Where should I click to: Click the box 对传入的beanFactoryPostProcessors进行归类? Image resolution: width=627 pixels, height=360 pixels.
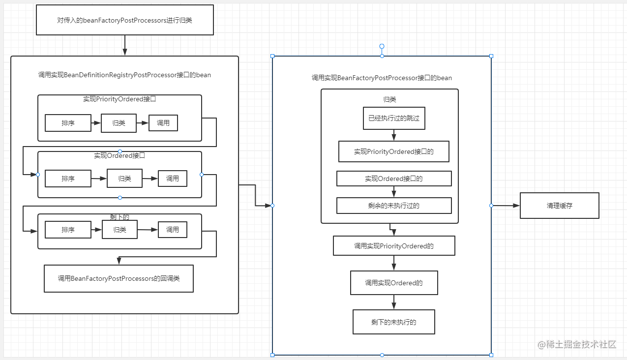pyautogui.click(x=125, y=20)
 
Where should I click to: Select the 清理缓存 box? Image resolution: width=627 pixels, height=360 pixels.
pyautogui.click(x=559, y=206)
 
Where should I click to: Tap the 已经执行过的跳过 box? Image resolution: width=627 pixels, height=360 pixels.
pyautogui.click(x=394, y=118)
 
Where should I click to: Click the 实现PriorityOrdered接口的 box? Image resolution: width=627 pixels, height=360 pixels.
pyautogui.click(x=393, y=151)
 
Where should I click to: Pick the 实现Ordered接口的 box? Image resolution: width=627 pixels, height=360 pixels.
pyautogui.click(x=394, y=179)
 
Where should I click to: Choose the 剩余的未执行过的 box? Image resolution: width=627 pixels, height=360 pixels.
pyautogui.click(x=394, y=206)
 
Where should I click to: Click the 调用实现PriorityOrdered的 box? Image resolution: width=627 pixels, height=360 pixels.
pyautogui.click(x=394, y=246)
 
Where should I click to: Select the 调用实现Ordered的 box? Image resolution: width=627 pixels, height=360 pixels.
pyautogui.click(x=394, y=283)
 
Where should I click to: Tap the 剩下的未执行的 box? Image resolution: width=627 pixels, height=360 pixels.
pyautogui.click(x=393, y=322)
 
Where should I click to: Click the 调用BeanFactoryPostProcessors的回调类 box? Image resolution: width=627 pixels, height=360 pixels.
pyautogui.click(x=119, y=278)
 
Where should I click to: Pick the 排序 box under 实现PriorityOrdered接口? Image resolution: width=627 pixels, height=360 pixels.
pyautogui.click(x=68, y=123)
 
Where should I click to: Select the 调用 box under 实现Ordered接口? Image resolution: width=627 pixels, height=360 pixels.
pyautogui.click(x=173, y=179)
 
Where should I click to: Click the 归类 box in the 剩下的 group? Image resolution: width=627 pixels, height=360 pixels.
pyautogui.click(x=119, y=230)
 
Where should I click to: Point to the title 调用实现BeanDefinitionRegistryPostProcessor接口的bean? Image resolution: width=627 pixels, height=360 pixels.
pyautogui.click(x=124, y=75)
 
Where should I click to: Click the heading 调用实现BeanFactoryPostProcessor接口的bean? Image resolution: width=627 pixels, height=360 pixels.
pyautogui.click(x=382, y=78)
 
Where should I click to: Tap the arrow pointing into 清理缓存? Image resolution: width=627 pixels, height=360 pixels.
pyautogui.click(x=506, y=206)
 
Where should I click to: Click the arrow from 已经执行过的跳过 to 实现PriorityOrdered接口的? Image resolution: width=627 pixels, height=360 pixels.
pyautogui.click(x=394, y=135)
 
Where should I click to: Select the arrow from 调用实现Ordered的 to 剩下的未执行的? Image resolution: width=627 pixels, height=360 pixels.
pyautogui.click(x=394, y=302)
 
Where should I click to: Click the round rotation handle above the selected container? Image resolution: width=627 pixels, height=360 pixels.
pyautogui.click(x=382, y=46)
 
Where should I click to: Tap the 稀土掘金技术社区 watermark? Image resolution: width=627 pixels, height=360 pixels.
pyautogui.click(x=577, y=344)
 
